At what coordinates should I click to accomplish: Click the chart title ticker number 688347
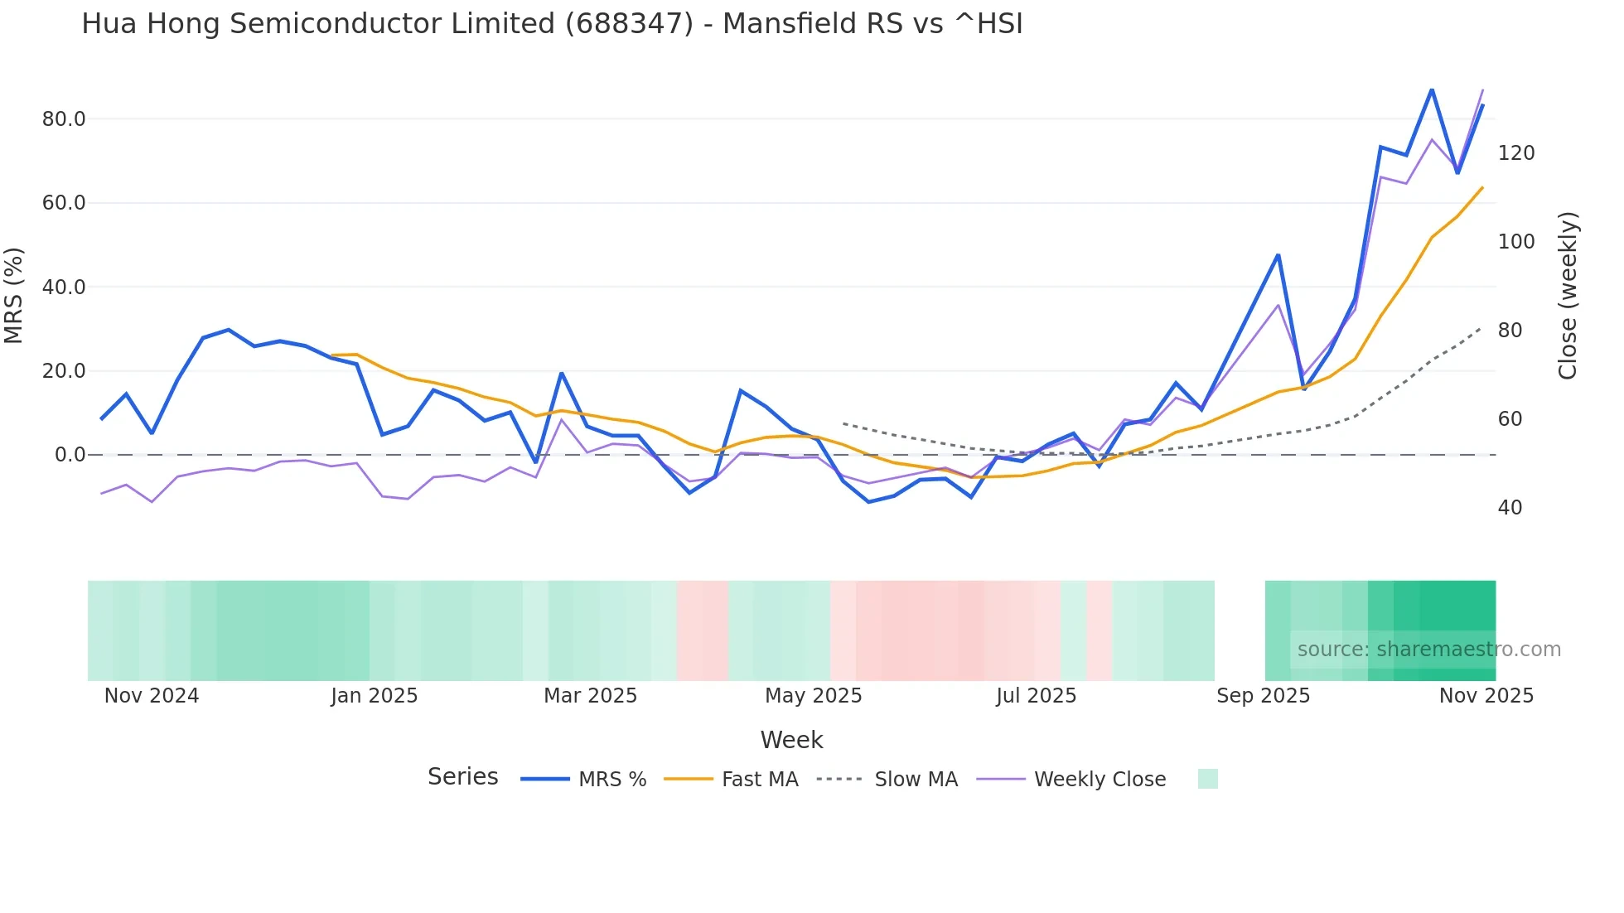click(629, 24)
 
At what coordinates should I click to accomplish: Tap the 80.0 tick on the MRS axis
click(64, 119)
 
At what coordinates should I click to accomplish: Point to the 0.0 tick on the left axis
click(70, 455)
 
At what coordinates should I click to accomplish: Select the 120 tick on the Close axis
click(1516, 153)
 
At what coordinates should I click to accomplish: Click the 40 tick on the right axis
click(1510, 508)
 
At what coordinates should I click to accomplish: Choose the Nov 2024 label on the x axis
click(152, 696)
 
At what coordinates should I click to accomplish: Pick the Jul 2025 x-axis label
click(1036, 696)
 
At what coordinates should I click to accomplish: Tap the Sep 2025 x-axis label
click(1263, 696)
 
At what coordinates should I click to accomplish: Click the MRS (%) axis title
click(14, 296)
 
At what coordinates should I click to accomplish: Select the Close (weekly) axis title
click(1567, 296)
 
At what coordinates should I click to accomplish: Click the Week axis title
click(791, 740)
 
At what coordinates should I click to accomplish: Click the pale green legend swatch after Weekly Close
click(1208, 779)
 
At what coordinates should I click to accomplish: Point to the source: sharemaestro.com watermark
click(1428, 650)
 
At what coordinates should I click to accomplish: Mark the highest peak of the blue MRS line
click(1432, 89)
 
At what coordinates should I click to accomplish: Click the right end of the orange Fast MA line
click(1482, 187)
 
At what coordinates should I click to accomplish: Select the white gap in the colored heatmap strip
click(1240, 630)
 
